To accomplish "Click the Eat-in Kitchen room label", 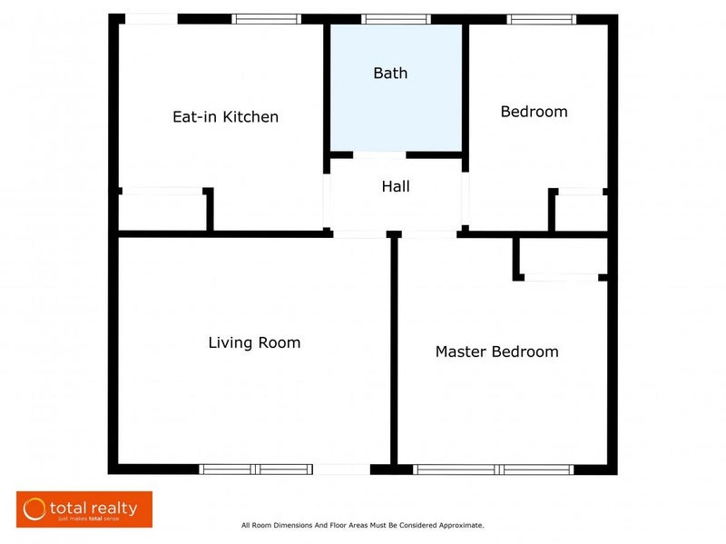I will point(225,117).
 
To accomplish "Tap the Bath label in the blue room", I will point(390,74).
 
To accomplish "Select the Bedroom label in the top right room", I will point(534,112).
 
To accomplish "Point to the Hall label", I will point(396,186).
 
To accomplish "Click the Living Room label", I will point(254,342).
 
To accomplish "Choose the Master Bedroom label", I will point(496,351).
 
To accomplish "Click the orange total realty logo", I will point(84,509).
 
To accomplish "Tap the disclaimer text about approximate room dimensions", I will point(362,525).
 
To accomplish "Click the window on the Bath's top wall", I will point(396,19).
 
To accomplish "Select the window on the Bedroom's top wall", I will point(541,19).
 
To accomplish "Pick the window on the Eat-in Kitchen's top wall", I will point(266,19).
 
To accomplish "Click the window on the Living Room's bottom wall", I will point(256,470).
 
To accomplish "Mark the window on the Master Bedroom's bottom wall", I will point(494,470).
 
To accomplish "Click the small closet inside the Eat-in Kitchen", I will point(162,213).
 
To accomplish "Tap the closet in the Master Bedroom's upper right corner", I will point(563,256).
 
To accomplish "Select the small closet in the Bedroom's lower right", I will point(581,213).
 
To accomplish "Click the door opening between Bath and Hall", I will point(379,155).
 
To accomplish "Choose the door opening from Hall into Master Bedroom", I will point(429,234).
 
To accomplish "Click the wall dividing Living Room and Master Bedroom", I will point(395,354).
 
